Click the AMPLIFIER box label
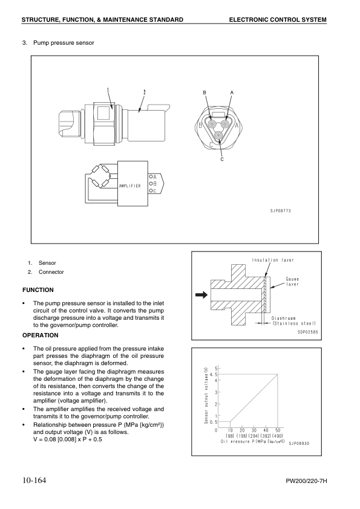(x=129, y=186)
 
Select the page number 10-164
(x=34, y=480)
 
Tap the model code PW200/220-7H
(x=306, y=481)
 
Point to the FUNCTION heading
(x=38, y=290)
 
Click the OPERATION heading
(x=41, y=336)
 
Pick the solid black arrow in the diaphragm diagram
(x=201, y=295)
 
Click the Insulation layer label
(x=273, y=260)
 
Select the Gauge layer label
(x=292, y=282)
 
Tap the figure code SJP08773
(x=281, y=211)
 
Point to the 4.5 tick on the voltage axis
(x=212, y=374)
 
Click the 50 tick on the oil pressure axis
(x=278, y=430)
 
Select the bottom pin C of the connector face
(x=219, y=135)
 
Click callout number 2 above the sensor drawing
(x=144, y=92)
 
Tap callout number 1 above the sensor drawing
(x=108, y=90)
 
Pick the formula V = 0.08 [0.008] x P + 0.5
(x=68, y=439)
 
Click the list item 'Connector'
(x=51, y=272)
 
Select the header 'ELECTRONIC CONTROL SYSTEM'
(x=278, y=19)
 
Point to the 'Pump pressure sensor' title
(x=64, y=43)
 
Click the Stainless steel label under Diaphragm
(x=293, y=323)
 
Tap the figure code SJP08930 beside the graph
(x=299, y=444)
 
